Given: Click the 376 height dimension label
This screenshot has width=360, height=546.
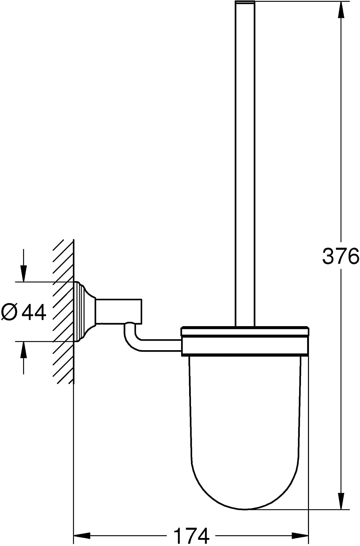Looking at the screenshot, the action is click(x=341, y=256).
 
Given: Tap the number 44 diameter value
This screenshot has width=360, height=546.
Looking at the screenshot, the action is click(x=34, y=312).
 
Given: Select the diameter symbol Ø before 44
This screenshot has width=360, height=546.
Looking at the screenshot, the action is click(x=9, y=312).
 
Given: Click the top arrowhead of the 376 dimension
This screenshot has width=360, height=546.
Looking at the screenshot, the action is click(x=341, y=10).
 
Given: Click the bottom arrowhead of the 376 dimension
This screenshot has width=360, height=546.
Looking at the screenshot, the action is click(x=341, y=498).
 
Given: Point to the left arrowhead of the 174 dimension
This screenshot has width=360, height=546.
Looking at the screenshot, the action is click(x=82, y=534).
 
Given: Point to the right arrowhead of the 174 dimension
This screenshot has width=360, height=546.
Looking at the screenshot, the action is click(x=301, y=534).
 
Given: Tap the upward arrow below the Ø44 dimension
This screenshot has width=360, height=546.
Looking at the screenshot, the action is click(x=23, y=358).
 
